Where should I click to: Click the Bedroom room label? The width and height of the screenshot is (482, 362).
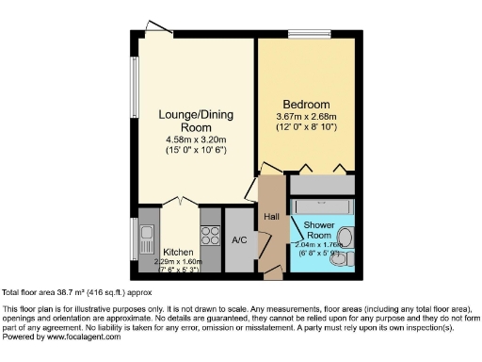tap(306, 104)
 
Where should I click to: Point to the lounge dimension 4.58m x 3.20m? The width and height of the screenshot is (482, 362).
tap(194, 140)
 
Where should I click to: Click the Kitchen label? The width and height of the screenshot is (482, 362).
tap(178, 252)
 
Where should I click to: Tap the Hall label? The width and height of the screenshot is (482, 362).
tap(271, 217)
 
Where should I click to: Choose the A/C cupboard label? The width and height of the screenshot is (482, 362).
tap(239, 239)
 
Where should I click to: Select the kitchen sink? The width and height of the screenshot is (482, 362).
tap(148, 233)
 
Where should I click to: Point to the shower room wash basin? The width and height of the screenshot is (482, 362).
tap(345, 237)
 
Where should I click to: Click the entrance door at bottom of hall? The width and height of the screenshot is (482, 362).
tap(272, 271)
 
